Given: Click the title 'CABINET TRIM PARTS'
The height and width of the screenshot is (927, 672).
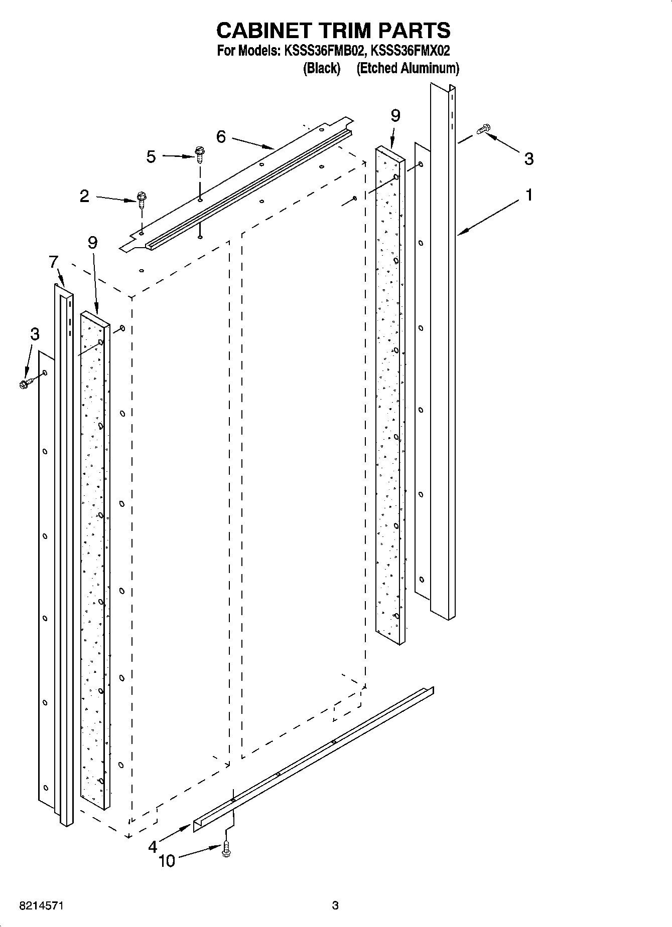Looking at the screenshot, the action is pos(333,30).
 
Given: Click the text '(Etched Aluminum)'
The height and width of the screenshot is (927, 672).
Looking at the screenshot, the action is pos(408,68).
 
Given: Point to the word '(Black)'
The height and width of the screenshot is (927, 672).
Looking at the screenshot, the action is pos(322,68).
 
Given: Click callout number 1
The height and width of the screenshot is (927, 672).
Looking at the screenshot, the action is pos(528,195).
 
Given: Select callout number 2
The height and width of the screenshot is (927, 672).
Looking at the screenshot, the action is pos(84,196).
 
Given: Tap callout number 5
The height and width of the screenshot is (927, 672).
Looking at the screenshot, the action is pos(151,157).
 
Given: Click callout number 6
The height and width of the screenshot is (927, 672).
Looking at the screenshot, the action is pos(221,137).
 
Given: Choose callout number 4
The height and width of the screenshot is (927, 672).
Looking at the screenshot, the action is pos(153,847).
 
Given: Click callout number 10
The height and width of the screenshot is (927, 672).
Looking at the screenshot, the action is pos(167,861).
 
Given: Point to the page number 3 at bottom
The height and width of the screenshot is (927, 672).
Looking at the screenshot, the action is pos(335,905).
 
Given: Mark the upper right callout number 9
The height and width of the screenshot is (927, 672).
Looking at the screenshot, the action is pos(395,116).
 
